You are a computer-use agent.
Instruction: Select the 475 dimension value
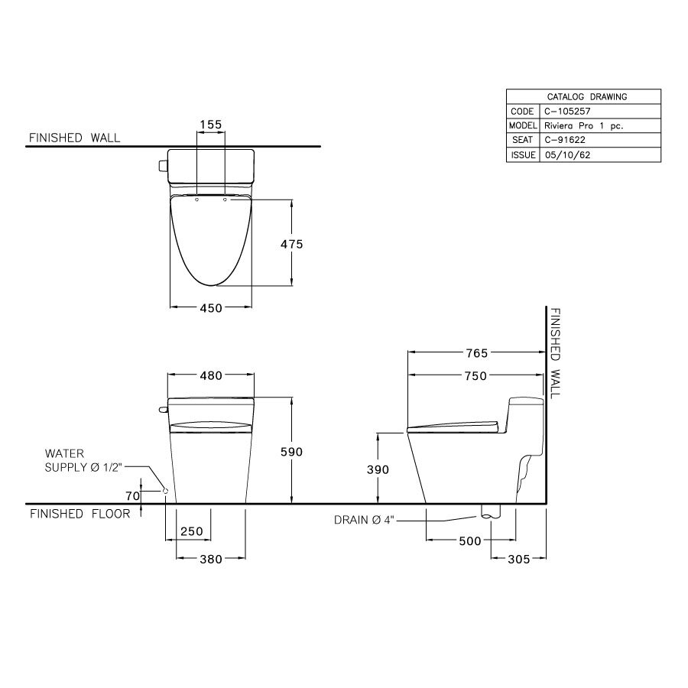291,244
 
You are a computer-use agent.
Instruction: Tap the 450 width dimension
211,308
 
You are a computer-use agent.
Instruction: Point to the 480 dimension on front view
211,375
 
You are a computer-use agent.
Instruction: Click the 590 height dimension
291,452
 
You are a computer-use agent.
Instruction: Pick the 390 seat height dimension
378,469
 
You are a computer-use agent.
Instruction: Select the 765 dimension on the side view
475,353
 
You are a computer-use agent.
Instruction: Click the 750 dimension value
475,375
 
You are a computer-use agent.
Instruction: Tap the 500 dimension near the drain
469,541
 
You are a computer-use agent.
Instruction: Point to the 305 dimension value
518,559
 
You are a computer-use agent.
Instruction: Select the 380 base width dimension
210,559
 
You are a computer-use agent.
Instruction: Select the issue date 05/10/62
566,154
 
